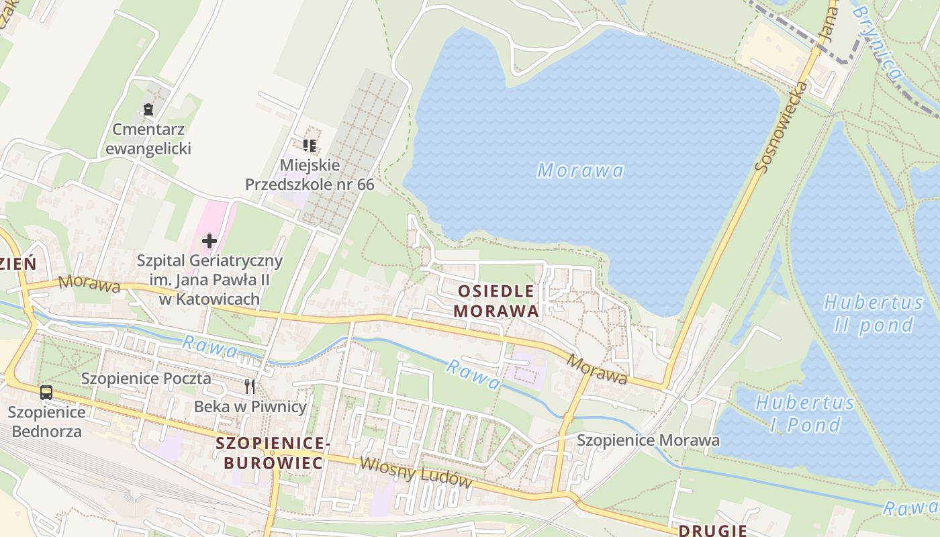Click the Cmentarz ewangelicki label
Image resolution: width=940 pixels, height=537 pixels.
[148, 139]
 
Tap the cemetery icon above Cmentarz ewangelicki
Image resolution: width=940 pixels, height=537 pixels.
[148, 108]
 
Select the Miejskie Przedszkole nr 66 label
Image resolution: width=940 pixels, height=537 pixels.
[310, 175]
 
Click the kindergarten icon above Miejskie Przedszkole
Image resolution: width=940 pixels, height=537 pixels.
[310, 145]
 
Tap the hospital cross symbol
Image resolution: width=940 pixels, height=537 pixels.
[209, 240]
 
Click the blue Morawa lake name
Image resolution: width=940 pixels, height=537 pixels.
[581, 170]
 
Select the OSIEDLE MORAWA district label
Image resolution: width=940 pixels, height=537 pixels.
[496, 301]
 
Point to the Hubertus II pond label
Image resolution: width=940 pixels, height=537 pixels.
[874, 313]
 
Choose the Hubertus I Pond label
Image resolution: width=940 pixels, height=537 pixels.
[804, 413]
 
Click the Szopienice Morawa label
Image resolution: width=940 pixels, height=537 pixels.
[648, 440]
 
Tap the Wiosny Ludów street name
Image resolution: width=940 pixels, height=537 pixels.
[416, 473]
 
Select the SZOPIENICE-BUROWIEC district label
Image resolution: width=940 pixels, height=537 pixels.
[273, 452]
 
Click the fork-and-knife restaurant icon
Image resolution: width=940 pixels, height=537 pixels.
[250, 386]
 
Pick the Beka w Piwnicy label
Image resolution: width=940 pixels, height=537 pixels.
[250, 407]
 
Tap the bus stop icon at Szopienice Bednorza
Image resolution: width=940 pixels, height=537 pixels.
[46, 393]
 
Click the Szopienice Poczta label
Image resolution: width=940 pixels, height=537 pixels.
[146, 379]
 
